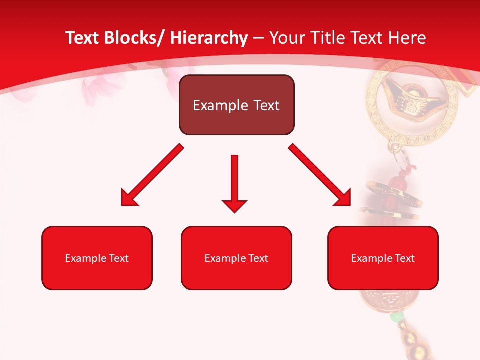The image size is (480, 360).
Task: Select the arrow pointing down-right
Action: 320,175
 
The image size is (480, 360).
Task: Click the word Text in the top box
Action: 266,105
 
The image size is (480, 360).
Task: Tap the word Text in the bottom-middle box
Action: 256,258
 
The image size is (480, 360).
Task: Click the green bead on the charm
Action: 396,317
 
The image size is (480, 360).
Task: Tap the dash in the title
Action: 258,38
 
